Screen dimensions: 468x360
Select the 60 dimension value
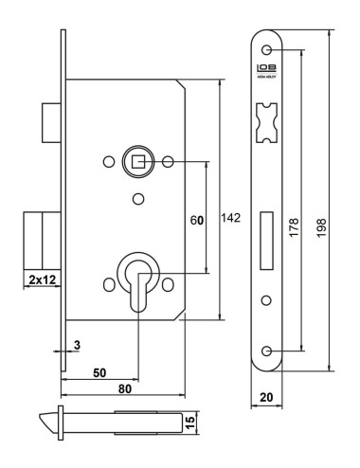coord(197,220)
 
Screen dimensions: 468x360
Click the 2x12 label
coord(40,280)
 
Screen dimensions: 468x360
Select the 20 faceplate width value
coord(268,399)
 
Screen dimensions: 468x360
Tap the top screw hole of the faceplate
coord(268,49)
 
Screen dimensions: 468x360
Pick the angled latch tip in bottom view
coord(53,419)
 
